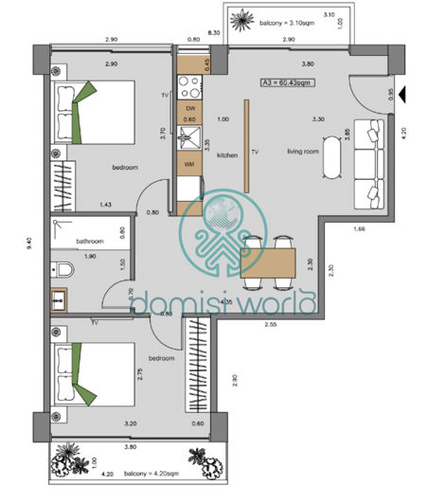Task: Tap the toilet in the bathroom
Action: [x=62, y=269]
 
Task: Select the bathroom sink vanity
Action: [x=61, y=302]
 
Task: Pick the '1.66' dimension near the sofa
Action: [x=359, y=227]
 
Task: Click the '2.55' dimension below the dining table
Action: [x=271, y=323]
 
